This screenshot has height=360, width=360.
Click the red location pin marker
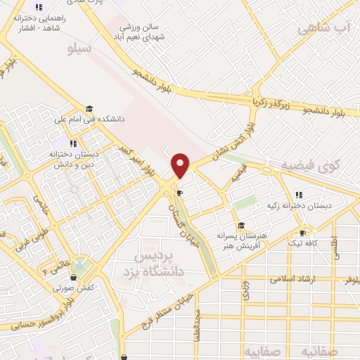tap(181, 165)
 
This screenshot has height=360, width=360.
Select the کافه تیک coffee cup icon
tap(302, 233)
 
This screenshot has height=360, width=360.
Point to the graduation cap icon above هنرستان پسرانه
tap(241, 226)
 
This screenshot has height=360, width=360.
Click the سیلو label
tap(79, 49)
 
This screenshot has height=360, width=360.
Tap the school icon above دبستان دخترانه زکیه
tap(299, 195)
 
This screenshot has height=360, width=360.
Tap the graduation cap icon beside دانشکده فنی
tap(89, 109)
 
